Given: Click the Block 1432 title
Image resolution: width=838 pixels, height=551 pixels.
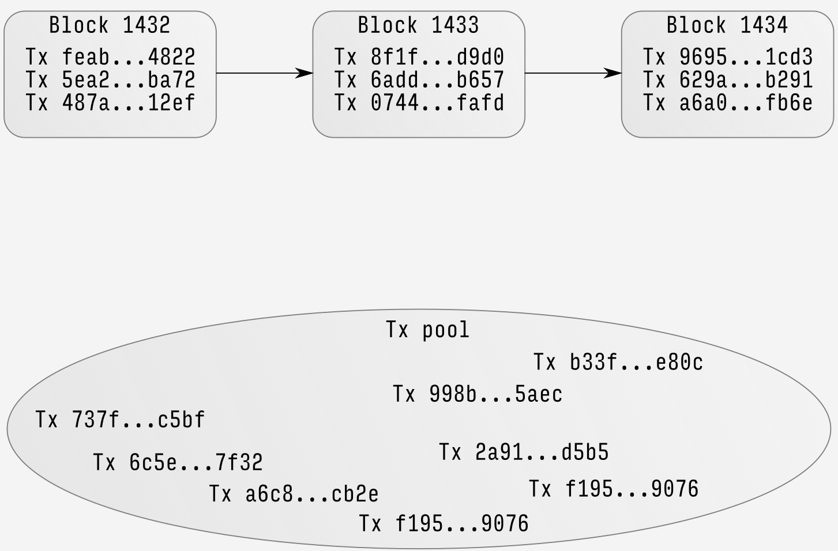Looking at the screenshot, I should (110, 25).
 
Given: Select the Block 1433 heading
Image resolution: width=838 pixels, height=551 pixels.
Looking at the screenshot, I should (418, 25).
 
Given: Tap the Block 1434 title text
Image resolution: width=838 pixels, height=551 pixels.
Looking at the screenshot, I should (727, 25).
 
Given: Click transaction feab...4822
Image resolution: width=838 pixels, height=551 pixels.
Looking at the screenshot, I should (110, 57).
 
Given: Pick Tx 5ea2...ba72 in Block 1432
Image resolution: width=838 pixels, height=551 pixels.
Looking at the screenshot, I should (110, 80).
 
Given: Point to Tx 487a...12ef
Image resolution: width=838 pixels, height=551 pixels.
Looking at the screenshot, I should (110, 103).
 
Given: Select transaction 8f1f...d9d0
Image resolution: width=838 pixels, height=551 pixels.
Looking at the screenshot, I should (419, 57).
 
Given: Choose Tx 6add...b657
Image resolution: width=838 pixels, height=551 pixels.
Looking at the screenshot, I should (419, 80).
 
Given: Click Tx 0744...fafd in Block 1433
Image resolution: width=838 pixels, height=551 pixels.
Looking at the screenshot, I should (419, 103).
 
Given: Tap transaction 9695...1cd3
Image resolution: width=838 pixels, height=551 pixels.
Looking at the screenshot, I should (727, 57).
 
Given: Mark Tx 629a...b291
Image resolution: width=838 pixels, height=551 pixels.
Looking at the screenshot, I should (727, 80).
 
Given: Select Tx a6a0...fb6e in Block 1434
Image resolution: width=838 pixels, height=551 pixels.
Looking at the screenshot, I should (727, 103).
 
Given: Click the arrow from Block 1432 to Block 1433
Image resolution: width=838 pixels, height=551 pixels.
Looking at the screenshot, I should (264, 73).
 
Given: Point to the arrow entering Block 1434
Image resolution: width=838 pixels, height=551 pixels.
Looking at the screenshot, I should (573, 73).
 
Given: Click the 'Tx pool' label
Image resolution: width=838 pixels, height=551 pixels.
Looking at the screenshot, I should (427, 330).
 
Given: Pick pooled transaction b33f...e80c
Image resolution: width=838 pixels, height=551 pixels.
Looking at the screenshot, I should (618, 362).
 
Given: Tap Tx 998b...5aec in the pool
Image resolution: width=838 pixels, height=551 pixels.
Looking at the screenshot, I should (477, 394).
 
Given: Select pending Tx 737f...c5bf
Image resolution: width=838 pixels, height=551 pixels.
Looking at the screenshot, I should (120, 419).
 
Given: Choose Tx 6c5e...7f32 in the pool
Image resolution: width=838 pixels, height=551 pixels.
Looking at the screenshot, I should (178, 462).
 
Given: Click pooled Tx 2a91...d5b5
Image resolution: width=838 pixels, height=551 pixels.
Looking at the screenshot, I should (523, 452).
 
